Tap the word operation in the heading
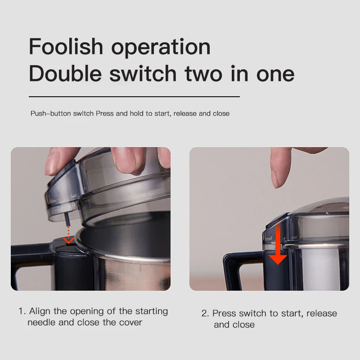[161, 49]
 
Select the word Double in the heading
[65, 73]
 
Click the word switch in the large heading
[143, 73]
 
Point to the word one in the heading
[275, 75]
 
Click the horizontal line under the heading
[134, 97]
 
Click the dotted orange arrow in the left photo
[68, 235]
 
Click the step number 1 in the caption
[22, 311]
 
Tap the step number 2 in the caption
[205, 314]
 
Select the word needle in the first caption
[41, 322]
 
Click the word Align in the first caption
[40, 312]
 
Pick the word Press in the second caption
[224, 313]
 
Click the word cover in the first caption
[130, 323]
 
